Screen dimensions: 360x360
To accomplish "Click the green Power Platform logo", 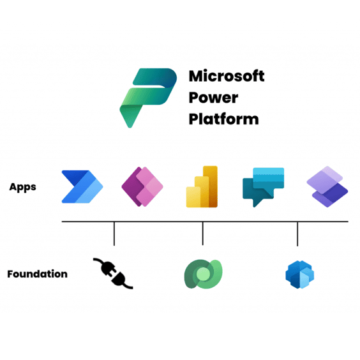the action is [x=148, y=98].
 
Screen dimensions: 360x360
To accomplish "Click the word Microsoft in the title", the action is [x=227, y=76].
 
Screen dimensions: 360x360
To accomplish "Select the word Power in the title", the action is [x=213, y=98].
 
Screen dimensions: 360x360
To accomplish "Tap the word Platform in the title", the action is [x=223, y=119].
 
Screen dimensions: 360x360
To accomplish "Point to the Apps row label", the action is [x=22, y=187].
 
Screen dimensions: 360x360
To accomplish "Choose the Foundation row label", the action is [x=38, y=274].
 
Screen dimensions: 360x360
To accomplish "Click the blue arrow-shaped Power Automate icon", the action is [x=82, y=186].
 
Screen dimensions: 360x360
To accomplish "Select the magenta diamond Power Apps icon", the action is [x=142, y=186].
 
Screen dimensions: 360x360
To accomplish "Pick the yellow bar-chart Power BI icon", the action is [x=202, y=186].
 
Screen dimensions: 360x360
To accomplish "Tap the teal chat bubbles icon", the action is [x=264, y=187].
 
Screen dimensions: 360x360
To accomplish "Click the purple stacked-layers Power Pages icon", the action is [x=327, y=186].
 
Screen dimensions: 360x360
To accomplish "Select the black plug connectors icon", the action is [x=113, y=273].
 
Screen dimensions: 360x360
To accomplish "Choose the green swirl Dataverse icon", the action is [x=203, y=274].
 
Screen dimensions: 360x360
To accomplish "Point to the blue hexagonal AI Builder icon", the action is [x=299, y=274].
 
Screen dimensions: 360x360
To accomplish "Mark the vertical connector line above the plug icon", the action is [x=114, y=234].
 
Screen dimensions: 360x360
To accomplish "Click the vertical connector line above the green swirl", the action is [x=203, y=233].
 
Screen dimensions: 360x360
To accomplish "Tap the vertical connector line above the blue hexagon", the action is [x=297, y=234].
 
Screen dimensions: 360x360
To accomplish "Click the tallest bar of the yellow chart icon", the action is [x=210, y=186].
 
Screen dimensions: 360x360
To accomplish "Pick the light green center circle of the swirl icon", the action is [x=204, y=274].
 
